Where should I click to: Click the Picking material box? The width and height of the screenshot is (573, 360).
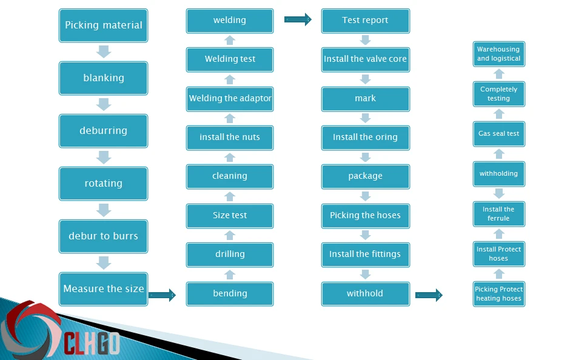[x=104, y=25]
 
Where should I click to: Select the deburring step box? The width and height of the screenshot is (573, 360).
[x=104, y=131]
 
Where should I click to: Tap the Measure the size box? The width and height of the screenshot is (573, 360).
[x=104, y=289]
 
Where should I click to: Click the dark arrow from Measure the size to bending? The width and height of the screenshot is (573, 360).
[x=163, y=295]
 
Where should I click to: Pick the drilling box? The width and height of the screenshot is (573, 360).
[x=230, y=255]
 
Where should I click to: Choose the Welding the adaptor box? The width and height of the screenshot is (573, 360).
[x=230, y=99]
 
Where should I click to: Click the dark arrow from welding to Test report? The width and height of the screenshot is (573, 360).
[x=298, y=19]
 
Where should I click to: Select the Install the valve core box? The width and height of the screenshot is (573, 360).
[x=366, y=59]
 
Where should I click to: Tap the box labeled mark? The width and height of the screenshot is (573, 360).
[x=366, y=99]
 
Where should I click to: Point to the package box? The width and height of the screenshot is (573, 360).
[x=366, y=176]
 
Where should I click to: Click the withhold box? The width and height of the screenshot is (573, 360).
[x=366, y=293]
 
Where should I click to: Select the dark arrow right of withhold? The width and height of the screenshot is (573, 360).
[x=429, y=295]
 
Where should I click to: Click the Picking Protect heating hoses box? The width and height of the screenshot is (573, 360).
[x=499, y=294]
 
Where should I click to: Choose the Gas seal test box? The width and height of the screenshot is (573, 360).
[x=499, y=134]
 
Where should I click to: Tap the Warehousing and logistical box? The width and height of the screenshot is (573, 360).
[x=499, y=54]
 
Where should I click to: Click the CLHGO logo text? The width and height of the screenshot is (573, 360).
[x=92, y=343]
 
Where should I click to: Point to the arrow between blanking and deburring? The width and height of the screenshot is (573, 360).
[x=104, y=104]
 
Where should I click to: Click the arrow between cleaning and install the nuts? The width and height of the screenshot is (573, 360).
[x=230, y=158]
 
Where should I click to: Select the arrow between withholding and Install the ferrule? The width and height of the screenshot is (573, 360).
[x=499, y=193]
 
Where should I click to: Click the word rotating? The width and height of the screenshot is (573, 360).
[x=104, y=183]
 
